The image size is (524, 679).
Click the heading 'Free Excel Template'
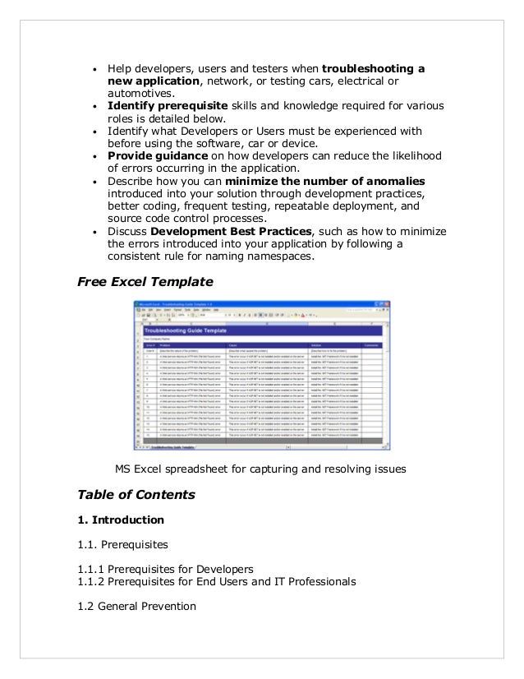145,282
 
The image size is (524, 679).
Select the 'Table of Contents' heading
136,495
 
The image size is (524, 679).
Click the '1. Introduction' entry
121,520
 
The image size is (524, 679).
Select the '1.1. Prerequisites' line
122,545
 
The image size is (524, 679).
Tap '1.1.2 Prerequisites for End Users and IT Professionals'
217,581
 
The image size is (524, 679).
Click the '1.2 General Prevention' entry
136,607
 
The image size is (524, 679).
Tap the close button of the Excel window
388,304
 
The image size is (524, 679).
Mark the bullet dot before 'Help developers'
96,68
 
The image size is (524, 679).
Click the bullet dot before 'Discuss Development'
96,233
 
